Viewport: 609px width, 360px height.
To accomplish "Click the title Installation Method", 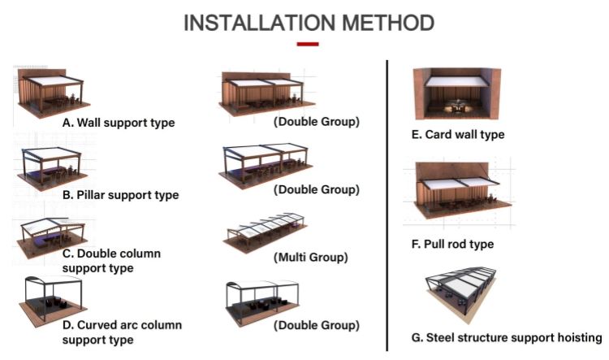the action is pos(309,22).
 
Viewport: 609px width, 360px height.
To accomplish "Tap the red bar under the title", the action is pos(308,44).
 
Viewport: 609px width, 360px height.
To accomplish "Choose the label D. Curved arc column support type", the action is pos(122,332).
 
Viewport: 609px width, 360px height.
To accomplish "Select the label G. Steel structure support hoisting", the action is pos(506,337).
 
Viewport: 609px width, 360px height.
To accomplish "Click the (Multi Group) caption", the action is pos(311,258).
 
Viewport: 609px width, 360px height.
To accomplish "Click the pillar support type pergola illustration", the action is pos(50,167).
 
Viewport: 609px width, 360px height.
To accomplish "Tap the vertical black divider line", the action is pos(387,203).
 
